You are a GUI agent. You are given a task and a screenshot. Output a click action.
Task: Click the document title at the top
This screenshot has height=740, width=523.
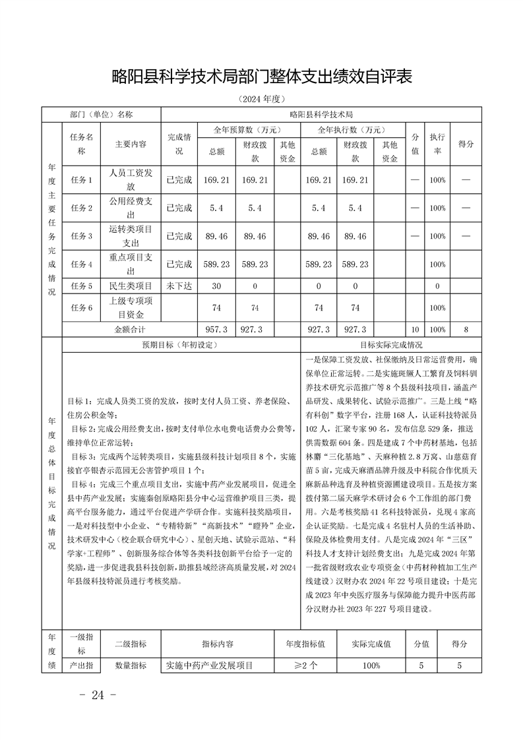(x=261, y=77)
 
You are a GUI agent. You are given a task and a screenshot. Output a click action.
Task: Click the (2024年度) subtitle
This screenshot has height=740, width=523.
(x=261, y=99)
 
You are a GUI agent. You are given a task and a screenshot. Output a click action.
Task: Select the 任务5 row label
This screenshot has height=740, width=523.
(x=81, y=286)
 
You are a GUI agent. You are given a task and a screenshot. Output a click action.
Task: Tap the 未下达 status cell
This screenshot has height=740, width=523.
(x=179, y=286)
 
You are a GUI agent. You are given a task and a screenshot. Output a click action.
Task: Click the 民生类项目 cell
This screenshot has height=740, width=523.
(x=131, y=286)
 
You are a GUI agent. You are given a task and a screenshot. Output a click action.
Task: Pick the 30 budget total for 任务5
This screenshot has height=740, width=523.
(x=217, y=286)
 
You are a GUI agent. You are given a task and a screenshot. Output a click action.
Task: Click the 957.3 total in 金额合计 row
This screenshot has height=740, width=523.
(x=217, y=328)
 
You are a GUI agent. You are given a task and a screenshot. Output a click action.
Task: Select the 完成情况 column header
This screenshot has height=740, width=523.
(x=179, y=144)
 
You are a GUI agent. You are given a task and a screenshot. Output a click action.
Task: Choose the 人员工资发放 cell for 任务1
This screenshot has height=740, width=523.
(x=131, y=179)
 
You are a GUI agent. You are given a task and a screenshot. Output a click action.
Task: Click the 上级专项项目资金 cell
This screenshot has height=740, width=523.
(x=131, y=307)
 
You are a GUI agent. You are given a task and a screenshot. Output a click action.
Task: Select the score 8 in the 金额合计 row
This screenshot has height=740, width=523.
(x=466, y=328)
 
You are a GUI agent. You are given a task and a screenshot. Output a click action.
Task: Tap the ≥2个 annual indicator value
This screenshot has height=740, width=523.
(x=305, y=665)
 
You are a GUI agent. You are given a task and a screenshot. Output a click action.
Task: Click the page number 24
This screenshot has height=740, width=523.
(x=98, y=694)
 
